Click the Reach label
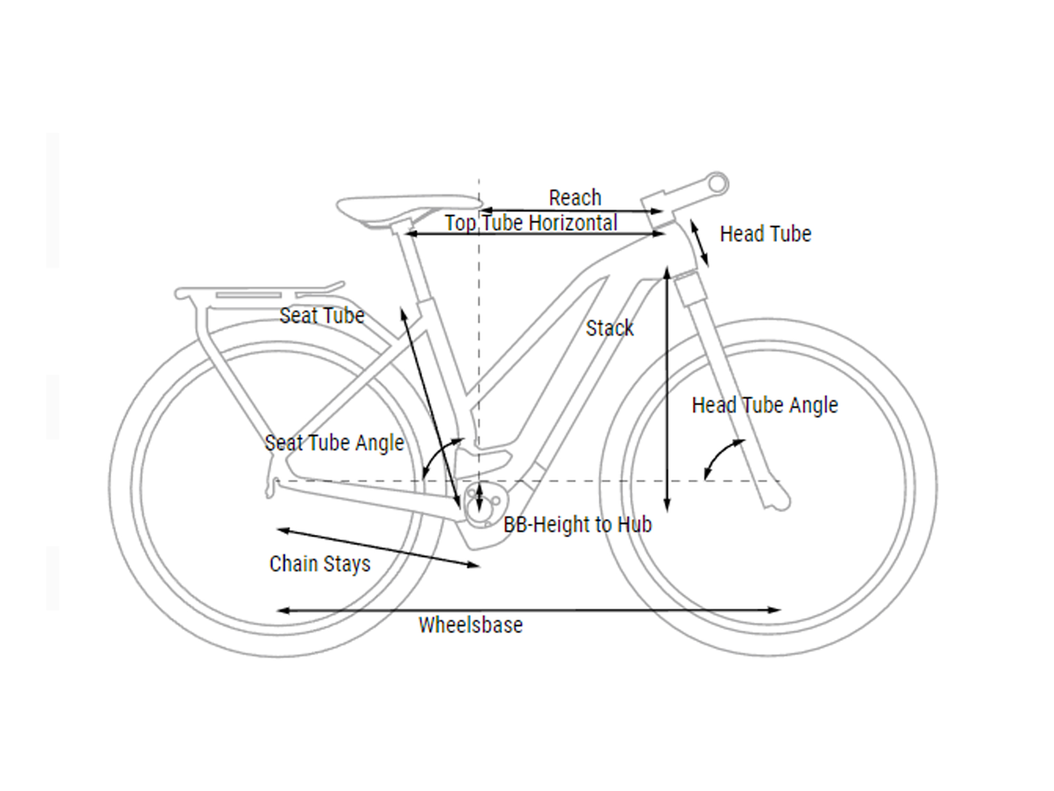click(575, 198)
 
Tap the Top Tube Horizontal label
click(531, 223)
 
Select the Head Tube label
click(766, 234)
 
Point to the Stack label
click(610, 328)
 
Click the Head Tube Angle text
click(765, 406)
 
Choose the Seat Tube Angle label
click(334, 443)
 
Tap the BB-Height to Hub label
click(578, 525)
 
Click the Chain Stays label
click(320, 564)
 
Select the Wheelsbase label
click(471, 625)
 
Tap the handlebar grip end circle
click(717, 184)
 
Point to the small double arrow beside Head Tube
click(699, 244)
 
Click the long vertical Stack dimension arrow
click(667, 390)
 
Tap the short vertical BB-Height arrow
click(479, 497)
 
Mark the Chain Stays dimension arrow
click(378, 548)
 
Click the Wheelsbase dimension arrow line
click(529, 610)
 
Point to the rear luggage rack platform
click(258, 292)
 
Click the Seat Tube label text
click(322, 316)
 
